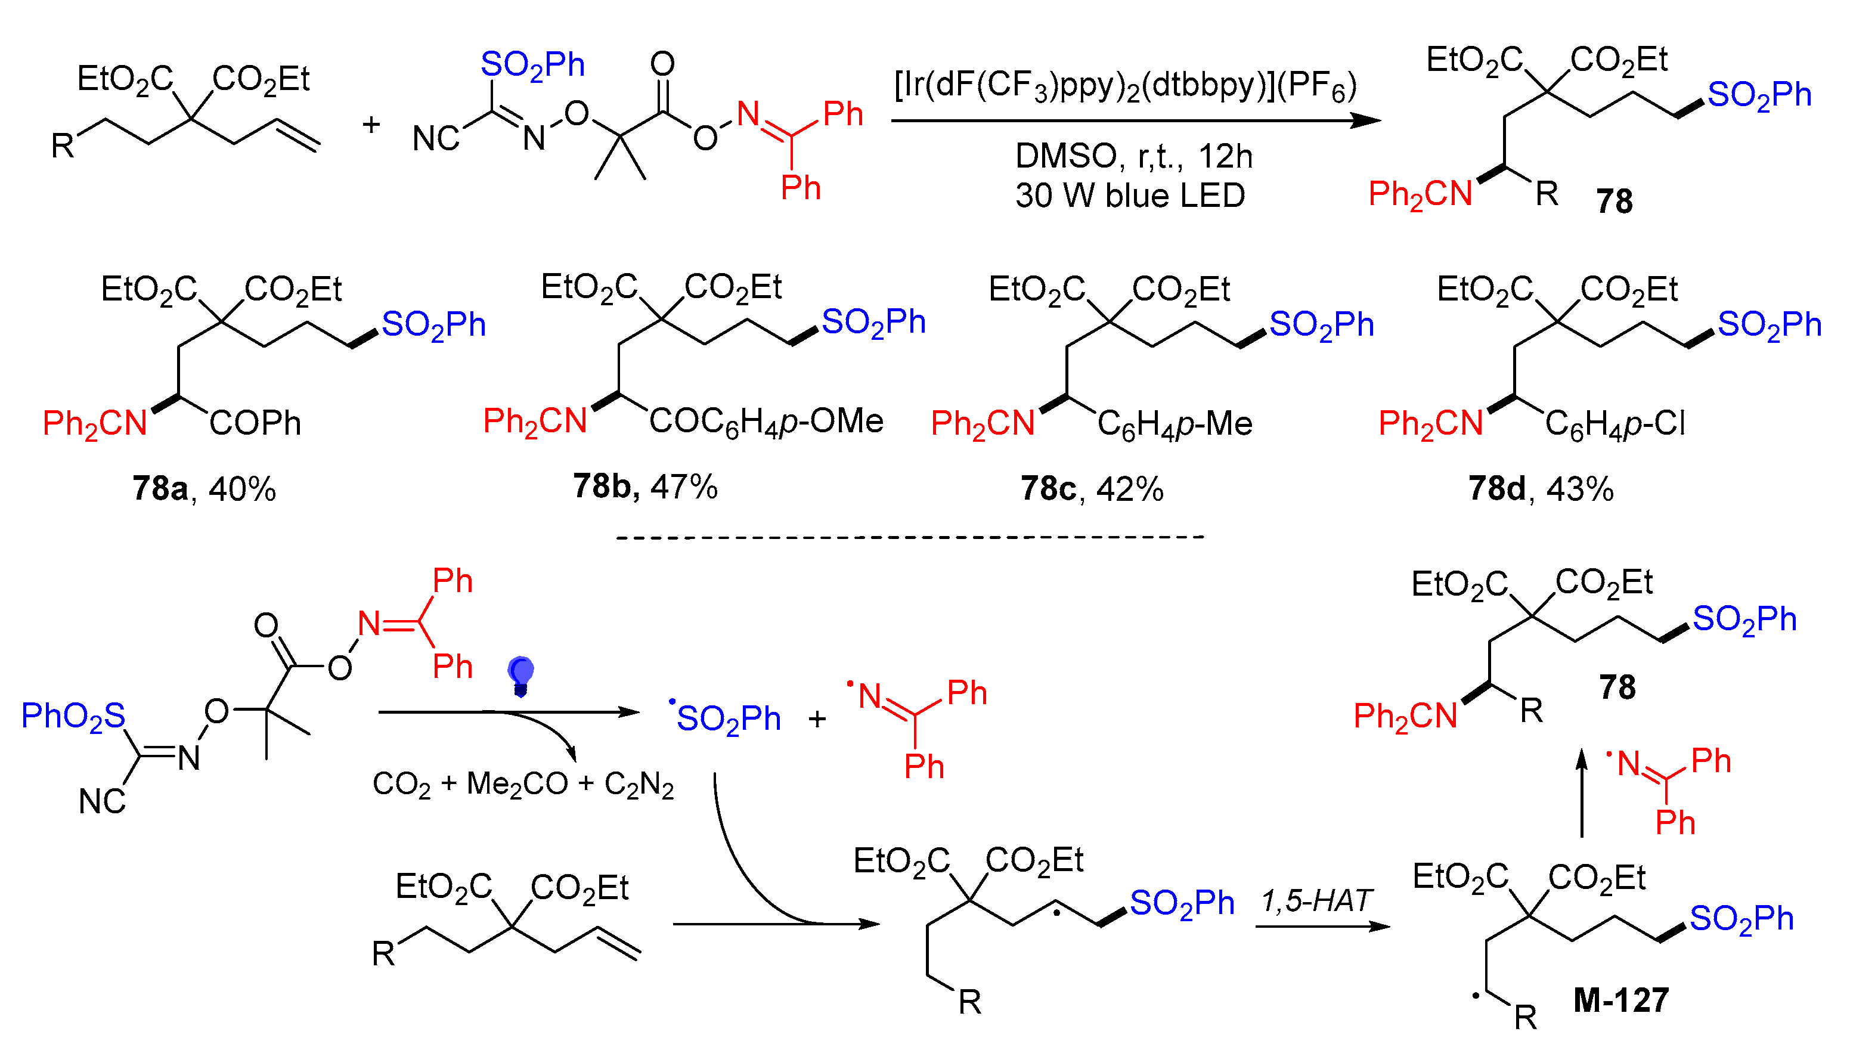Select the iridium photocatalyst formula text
tap(1125, 87)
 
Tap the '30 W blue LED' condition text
tap(1130, 196)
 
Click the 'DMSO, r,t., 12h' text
tap(1133, 156)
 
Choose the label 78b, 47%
tap(645, 487)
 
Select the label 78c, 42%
tap(1092, 489)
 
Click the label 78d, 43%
tap(1540, 489)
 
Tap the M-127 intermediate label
tap(1620, 1000)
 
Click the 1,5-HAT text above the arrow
tap(1316, 901)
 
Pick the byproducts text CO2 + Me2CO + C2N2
tap(523, 785)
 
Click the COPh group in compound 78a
tap(255, 423)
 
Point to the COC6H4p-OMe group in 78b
tap(766, 422)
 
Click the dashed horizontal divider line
tap(910, 537)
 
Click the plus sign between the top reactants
tap(371, 125)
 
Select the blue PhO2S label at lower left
tap(73, 717)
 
